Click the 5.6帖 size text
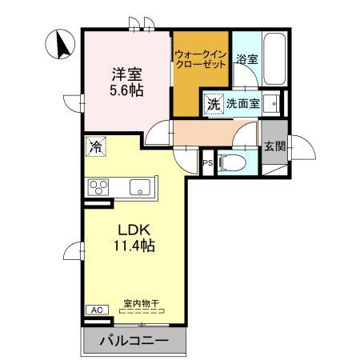click(127, 90)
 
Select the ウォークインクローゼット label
click(200, 61)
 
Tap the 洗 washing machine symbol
click(214, 103)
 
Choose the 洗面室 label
click(242, 103)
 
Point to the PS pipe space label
click(208, 163)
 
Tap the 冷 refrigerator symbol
click(95, 146)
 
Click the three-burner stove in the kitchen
click(100, 189)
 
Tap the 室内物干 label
click(141, 304)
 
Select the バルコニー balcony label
click(134, 342)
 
